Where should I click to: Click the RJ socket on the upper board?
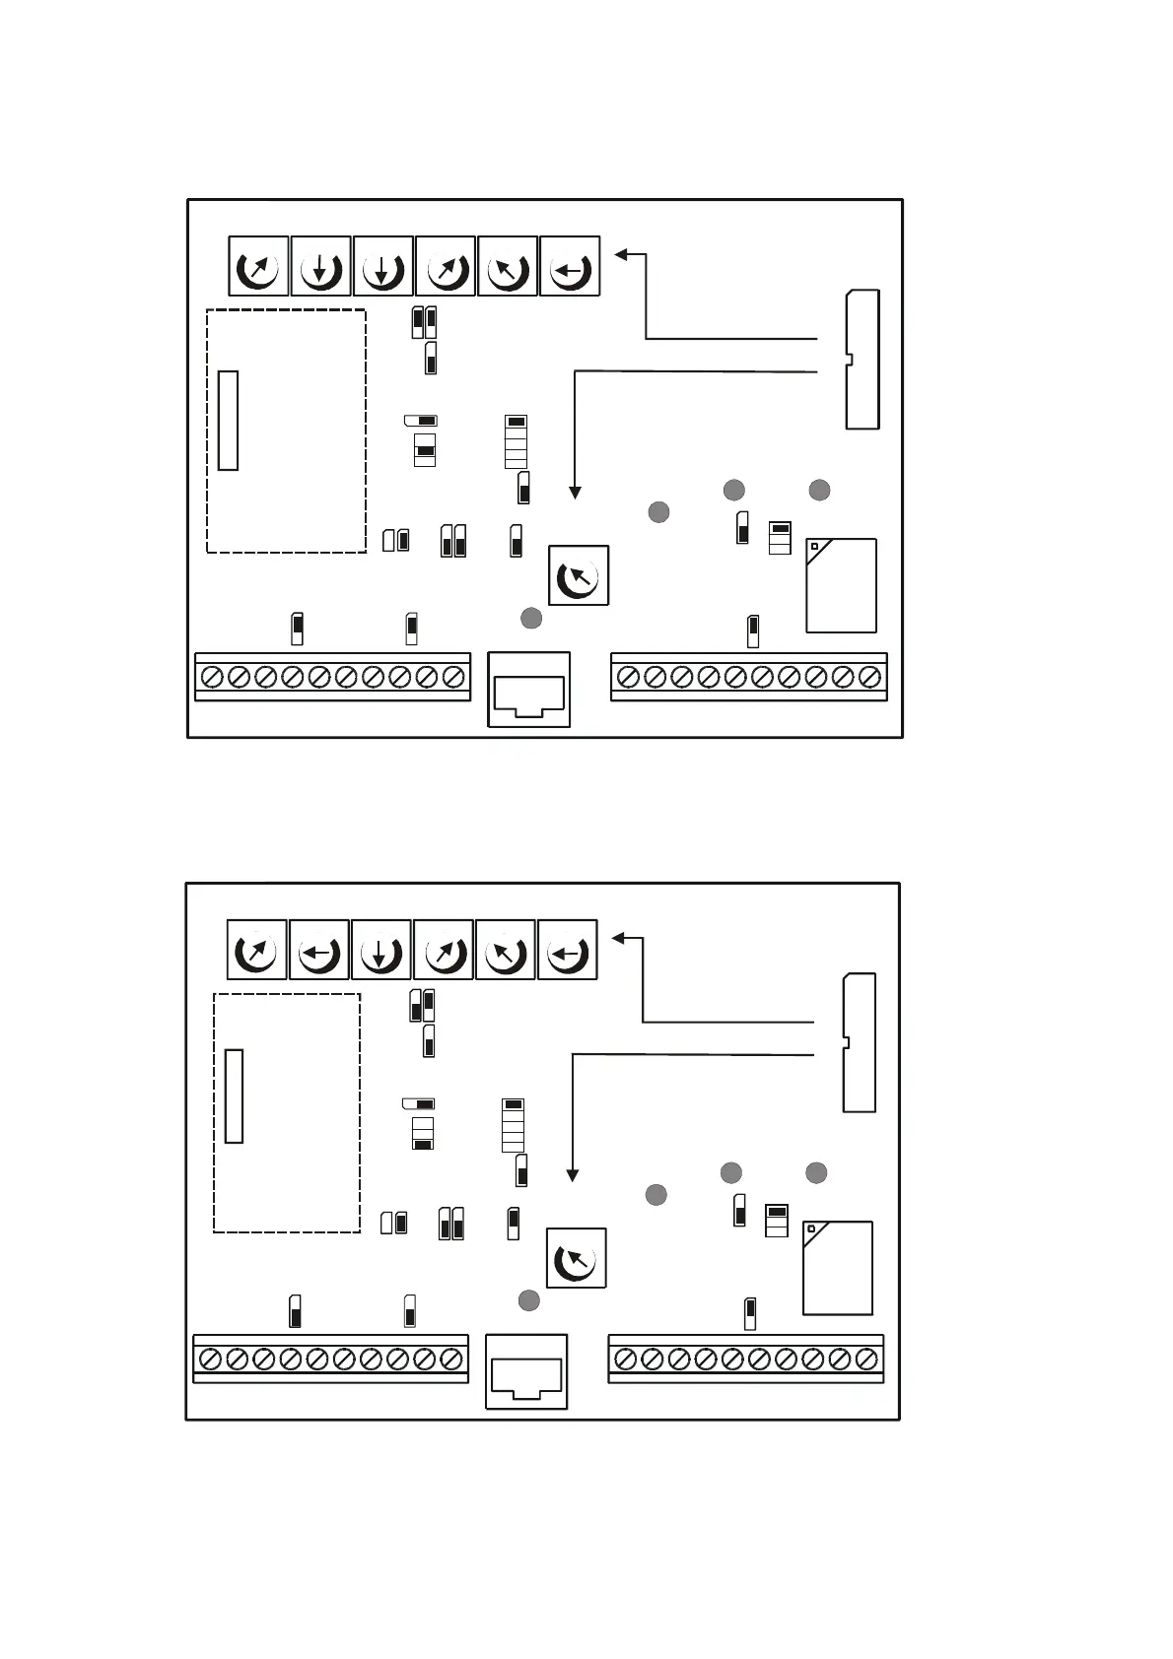tap(529, 691)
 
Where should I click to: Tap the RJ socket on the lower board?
tap(527, 1372)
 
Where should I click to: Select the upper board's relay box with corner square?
tap(841, 585)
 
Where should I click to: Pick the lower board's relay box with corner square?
tap(838, 1268)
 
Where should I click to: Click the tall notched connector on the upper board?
tap(862, 360)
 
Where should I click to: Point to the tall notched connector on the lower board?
tap(859, 1042)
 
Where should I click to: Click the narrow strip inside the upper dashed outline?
tap(228, 421)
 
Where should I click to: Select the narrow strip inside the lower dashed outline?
tap(234, 1096)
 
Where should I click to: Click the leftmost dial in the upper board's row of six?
tap(258, 266)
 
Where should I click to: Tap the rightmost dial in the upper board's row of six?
tap(570, 266)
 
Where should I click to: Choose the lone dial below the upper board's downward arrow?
tap(579, 575)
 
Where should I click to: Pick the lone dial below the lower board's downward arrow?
tap(576, 1258)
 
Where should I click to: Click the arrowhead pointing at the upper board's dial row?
tap(621, 254)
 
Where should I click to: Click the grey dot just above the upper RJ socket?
tap(530, 618)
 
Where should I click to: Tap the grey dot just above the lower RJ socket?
tap(528, 1300)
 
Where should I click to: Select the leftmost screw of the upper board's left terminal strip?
tap(211, 678)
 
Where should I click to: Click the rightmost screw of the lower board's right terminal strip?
tap(866, 1360)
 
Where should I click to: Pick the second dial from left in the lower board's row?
tap(318, 950)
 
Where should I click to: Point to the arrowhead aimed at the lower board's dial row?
tap(618, 938)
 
